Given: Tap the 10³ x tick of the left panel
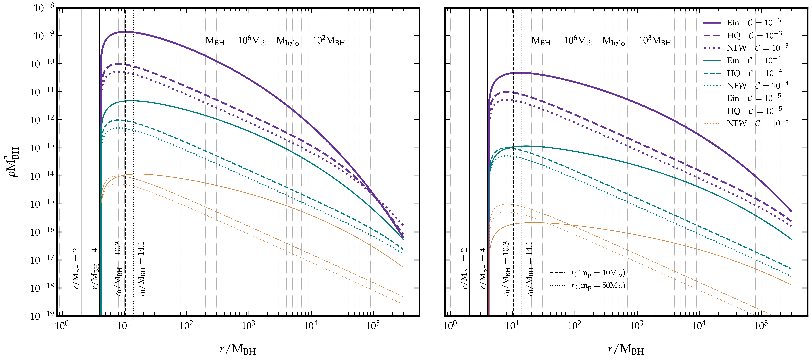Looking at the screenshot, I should click(x=248, y=326).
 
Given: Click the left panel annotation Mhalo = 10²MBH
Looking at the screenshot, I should click(x=310, y=41).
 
